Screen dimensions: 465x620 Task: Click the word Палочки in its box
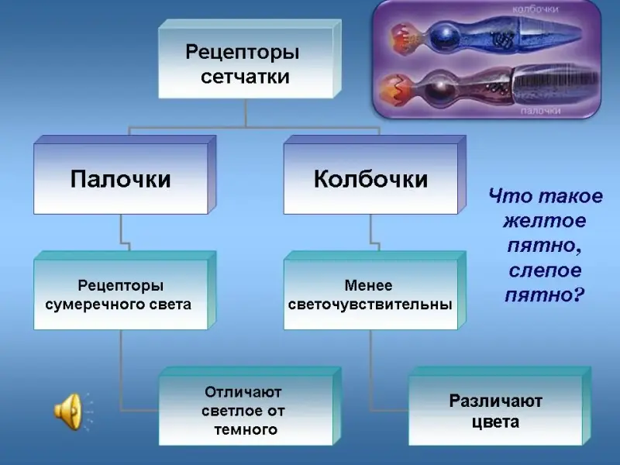[x=120, y=180]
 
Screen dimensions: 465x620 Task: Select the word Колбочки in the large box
[x=370, y=180]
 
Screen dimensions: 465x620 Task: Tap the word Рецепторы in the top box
[x=242, y=53]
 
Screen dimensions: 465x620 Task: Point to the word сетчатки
[x=245, y=77]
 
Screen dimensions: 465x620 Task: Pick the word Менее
[x=369, y=285]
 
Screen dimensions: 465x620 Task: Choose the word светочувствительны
[x=370, y=304]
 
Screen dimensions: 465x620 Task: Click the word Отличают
[x=243, y=391]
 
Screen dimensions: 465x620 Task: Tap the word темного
[x=245, y=429]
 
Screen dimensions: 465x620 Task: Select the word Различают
[x=495, y=401]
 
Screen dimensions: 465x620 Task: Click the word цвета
[x=495, y=422]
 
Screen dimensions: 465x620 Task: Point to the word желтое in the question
[x=544, y=222]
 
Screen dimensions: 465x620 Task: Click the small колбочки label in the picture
[x=536, y=9]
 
